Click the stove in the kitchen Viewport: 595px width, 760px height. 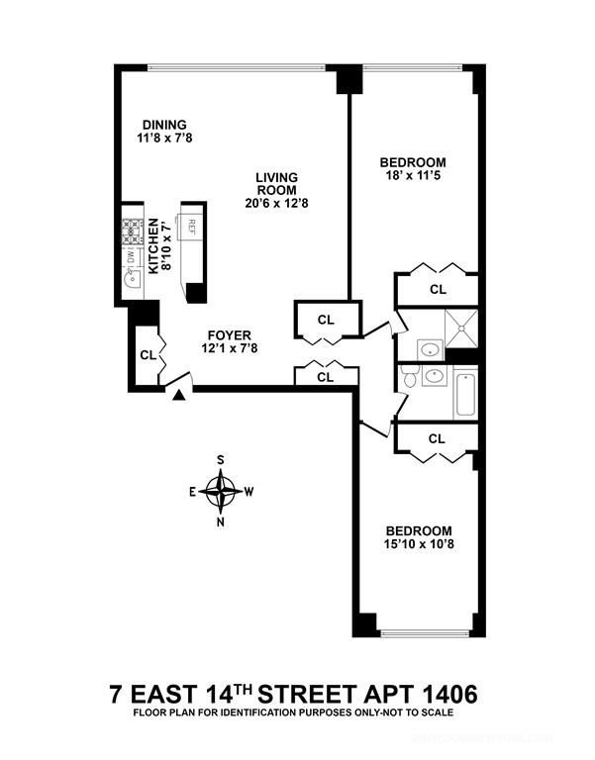point(132,233)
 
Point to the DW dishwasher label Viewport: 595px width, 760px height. point(131,257)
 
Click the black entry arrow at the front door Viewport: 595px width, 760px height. point(179,395)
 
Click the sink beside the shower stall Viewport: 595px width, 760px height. point(430,348)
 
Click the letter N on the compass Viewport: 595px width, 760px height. point(221,522)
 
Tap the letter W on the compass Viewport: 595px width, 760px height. point(250,490)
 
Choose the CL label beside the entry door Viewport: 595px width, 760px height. point(147,355)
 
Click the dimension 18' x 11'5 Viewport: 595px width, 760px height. point(414,177)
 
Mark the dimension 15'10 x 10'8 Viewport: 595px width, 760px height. point(419,545)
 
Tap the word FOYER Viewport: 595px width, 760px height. point(228,334)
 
